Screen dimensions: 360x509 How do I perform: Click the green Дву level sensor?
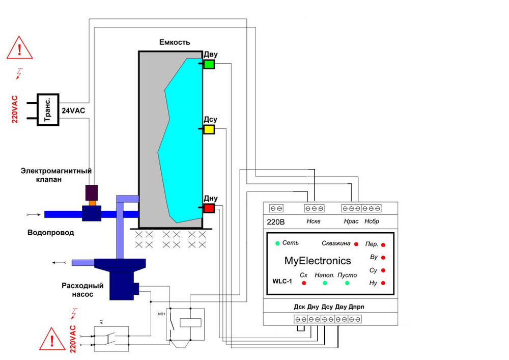[x=209, y=64]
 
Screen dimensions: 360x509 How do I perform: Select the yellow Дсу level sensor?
[x=209, y=129]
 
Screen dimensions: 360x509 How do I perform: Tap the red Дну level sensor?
[x=209, y=208]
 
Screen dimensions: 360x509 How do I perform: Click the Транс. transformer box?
[x=48, y=109]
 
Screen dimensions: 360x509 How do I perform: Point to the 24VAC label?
[x=73, y=109]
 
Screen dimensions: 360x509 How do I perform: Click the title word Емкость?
[x=175, y=42]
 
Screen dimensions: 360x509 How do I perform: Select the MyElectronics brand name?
[x=318, y=261]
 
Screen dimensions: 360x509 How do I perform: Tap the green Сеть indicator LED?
[x=277, y=243]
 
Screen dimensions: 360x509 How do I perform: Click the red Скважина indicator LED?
[x=356, y=244]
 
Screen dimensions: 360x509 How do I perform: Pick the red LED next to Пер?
[x=383, y=244]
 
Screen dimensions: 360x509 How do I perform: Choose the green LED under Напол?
[x=325, y=283]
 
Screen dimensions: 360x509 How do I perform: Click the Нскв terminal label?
[x=314, y=221]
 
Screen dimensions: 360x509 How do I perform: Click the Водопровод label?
[x=50, y=233]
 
